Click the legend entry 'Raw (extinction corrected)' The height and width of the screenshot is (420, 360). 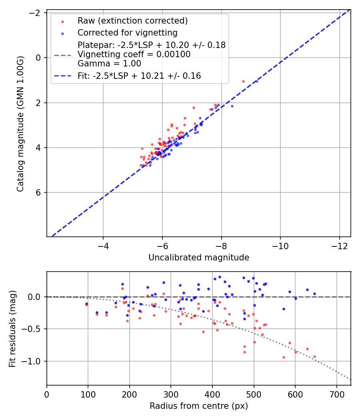pyautogui.click(x=132, y=21)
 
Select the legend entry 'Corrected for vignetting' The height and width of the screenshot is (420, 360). pyautogui.click(x=127, y=32)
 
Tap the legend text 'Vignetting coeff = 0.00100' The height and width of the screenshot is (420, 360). pyautogui.click(x=134, y=54)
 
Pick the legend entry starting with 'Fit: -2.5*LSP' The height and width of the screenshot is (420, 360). pyautogui.click(x=139, y=76)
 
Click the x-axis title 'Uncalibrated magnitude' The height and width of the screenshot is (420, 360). pyautogui.click(x=199, y=258)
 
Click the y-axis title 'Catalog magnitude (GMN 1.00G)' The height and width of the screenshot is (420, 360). pyautogui.click(x=21, y=124)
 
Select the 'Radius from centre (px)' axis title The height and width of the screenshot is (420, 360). pyautogui.click(x=199, y=406)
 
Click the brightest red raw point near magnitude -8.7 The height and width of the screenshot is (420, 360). pyautogui.click(x=243, y=81)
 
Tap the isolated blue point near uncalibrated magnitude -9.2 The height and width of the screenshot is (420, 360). pyautogui.click(x=257, y=81)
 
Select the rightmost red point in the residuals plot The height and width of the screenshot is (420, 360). pyautogui.click(x=314, y=356)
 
